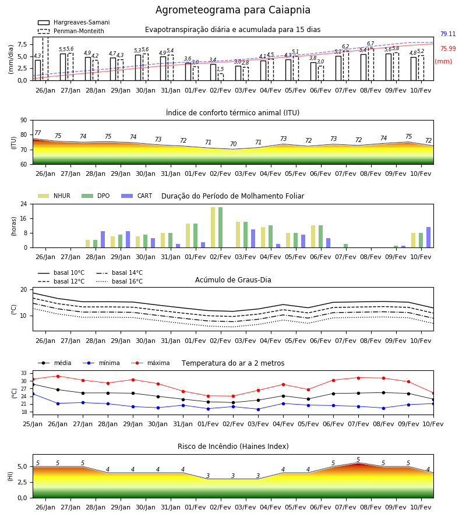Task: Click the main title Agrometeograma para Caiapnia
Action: (232, 10)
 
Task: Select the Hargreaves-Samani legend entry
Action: (73, 22)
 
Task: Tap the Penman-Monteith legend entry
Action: (71, 31)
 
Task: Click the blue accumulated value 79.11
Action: (448, 34)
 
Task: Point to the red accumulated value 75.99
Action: (448, 48)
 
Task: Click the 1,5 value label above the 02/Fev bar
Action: (220, 69)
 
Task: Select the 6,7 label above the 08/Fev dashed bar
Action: (370, 44)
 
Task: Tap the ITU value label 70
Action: (234, 144)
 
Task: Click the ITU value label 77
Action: (38, 133)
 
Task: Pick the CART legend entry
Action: (137, 196)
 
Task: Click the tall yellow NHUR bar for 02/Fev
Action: (213, 228)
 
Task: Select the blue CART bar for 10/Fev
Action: (429, 238)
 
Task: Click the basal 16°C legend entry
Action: (119, 281)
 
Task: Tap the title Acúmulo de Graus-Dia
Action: (233, 280)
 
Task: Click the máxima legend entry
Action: (150, 363)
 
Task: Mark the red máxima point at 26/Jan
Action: (58, 376)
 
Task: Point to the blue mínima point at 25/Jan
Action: (33, 394)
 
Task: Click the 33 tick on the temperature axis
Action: (24, 373)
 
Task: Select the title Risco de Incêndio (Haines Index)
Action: (233, 447)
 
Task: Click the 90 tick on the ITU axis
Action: (24, 121)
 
